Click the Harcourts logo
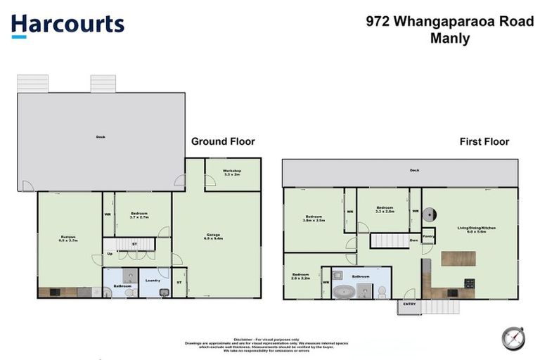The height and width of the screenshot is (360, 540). [67, 25]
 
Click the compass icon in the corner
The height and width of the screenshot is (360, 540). [513, 338]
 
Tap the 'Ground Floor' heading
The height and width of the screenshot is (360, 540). [223, 141]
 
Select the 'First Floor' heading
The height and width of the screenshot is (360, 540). [484, 141]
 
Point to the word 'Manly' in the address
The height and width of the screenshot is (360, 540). [449, 39]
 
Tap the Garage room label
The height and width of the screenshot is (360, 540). [213, 236]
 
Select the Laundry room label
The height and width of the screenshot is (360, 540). [153, 280]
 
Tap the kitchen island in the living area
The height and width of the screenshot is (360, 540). [458, 258]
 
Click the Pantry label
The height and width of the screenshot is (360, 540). [428, 238]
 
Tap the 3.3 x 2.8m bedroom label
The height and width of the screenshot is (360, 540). [385, 209]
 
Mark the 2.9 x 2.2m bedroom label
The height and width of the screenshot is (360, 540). [300, 276]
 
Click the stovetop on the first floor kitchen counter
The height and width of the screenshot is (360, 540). [470, 283]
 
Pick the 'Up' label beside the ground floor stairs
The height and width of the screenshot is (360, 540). [110, 254]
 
